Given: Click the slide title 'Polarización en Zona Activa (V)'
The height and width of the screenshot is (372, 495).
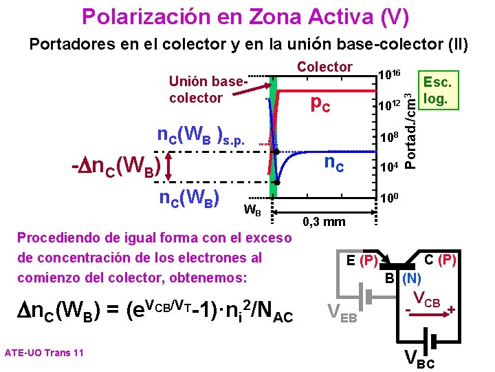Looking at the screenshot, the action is click(x=245, y=16).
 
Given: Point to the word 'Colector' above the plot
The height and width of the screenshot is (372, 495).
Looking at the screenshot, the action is click(x=324, y=67).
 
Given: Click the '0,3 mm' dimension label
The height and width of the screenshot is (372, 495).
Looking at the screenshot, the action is click(x=324, y=222).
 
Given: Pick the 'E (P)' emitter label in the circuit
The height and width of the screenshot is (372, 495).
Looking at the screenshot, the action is click(x=362, y=260).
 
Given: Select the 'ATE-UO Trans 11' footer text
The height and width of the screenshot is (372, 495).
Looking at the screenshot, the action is click(x=44, y=353).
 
